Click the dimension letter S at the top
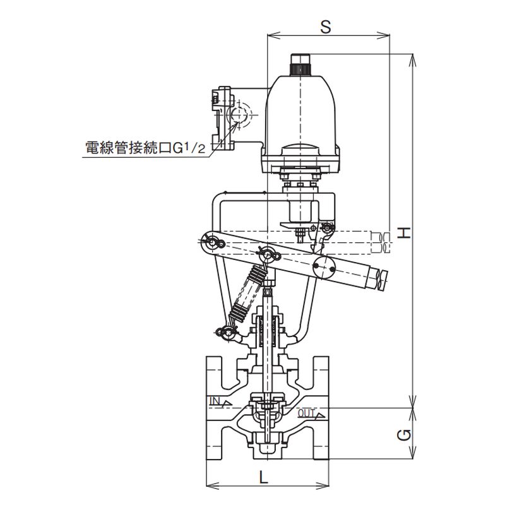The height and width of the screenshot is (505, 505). (326, 27)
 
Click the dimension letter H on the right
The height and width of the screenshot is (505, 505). (404, 232)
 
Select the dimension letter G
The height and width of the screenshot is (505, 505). (404, 436)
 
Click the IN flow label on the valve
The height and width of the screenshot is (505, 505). (215, 401)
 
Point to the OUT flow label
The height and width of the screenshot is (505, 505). (306, 413)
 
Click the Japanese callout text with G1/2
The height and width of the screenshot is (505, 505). (145, 148)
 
